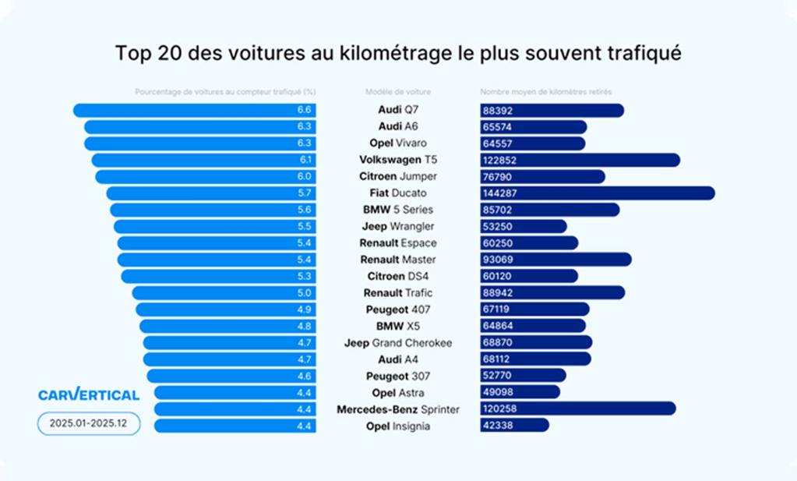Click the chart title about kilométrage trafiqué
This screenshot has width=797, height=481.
pyautogui.click(x=398, y=53)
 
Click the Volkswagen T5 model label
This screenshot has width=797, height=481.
pyautogui.click(x=398, y=160)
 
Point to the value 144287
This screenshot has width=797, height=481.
pyautogui.click(x=501, y=193)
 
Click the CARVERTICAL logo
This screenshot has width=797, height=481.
pyautogui.click(x=89, y=394)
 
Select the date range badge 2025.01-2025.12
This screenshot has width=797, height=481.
pyautogui.click(x=89, y=424)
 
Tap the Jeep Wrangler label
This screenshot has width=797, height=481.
pyautogui.click(x=398, y=226)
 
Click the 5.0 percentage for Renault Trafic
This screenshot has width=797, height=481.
pyautogui.click(x=305, y=293)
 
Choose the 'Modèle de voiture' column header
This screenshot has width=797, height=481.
pyautogui.click(x=397, y=92)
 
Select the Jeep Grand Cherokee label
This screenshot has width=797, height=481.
pyautogui.click(x=398, y=342)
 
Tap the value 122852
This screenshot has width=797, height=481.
pyautogui.click(x=501, y=160)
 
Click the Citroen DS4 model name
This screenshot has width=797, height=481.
pyautogui.click(x=398, y=276)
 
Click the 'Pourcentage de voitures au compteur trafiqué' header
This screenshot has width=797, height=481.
pyautogui.click(x=225, y=92)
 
